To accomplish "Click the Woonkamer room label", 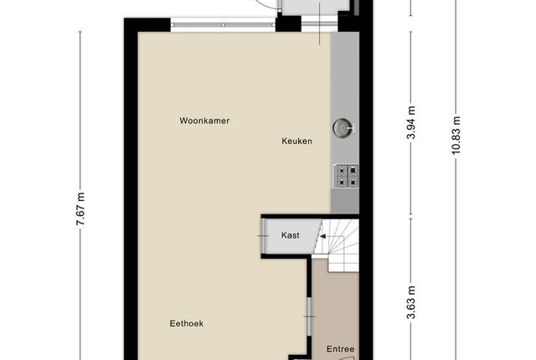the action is click(x=204, y=121).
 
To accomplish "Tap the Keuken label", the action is click(x=296, y=141).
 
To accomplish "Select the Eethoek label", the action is click(x=187, y=323).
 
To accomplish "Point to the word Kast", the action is click(x=291, y=235).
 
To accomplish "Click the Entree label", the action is click(x=340, y=349).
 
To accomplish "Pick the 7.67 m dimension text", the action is click(x=80, y=209).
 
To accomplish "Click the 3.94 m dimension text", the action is click(x=411, y=122).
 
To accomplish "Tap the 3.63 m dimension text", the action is click(x=411, y=302).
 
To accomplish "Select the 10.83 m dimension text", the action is click(x=456, y=136).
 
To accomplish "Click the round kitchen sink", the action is click(x=343, y=128).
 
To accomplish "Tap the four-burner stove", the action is click(x=346, y=176).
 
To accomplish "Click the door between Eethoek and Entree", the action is click(x=309, y=316).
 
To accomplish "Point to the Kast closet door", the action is click(x=263, y=236).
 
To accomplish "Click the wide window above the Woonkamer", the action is click(x=223, y=24).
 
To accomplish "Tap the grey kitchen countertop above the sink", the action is click(x=344, y=75).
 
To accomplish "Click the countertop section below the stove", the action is click(x=344, y=202).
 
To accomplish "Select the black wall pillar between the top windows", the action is click(x=288, y=24).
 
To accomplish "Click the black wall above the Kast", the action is click(x=310, y=217).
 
